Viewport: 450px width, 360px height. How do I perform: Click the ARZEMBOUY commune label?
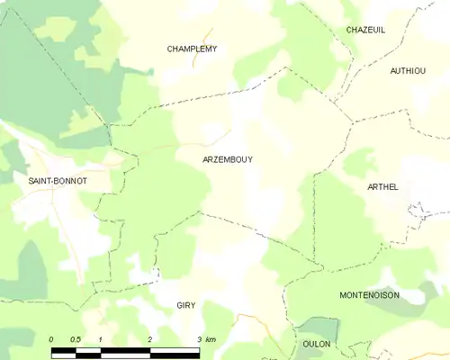pyautogui.click(x=228, y=159)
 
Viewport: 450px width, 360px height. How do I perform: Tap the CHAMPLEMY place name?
pyautogui.click(x=192, y=49)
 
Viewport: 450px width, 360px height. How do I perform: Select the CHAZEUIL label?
pyautogui.click(x=365, y=30)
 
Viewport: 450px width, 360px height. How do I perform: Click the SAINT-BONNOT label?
pyautogui.click(x=58, y=181)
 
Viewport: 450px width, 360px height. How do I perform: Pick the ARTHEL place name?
pyautogui.click(x=382, y=186)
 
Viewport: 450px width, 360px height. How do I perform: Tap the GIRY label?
pyautogui.click(x=185, y=306)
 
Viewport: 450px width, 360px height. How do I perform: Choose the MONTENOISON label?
pyautogui.click(x=369, y=295)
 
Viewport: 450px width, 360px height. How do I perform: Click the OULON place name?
pyautogui.click(x=317, y=345)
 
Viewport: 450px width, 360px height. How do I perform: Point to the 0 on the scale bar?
pyautogui.click(x=51, y=338)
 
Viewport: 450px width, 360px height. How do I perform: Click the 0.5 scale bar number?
pyautogui.click(x=76, y=338)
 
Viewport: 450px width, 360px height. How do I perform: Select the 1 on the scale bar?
pyautogui.click(x=101, y=338)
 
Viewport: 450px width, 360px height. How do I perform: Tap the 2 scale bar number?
pyautogui.click(x=149, y=338)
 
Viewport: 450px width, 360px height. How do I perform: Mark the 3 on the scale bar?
pyautogui.click(x=198, y=338)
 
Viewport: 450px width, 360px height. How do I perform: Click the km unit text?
pyautogui.click(x=211, y=338)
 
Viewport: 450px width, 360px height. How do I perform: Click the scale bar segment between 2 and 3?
pyautogui.click(x=174, y=349)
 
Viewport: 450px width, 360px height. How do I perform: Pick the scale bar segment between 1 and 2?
pyautogui.click(x=125, y=349)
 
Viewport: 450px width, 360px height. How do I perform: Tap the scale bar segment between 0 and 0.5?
pyautogui.click(x=64, y=349)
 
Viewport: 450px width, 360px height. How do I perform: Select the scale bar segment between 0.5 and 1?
pyautogui.click(x=88, y=349)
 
